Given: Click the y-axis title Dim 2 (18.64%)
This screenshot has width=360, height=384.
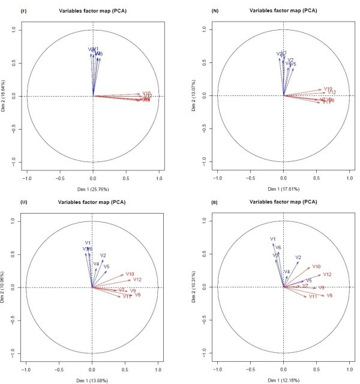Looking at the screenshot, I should click(x=4, y=96).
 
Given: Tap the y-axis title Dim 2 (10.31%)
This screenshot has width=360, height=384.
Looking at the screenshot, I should click(x=196, y=287).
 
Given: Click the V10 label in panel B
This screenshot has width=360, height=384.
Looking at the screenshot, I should click(x=316, y=266).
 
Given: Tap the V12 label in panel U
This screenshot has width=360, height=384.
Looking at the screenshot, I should click(x=136, y=280).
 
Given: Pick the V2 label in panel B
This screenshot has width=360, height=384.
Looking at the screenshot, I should click(x=298, y=257).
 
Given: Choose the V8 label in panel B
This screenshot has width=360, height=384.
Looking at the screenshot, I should click(x=329, y=296).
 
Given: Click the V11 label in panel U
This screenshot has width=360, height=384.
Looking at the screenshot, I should click(x=127, y=297).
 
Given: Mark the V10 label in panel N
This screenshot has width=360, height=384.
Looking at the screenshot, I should click(x=328, y=89).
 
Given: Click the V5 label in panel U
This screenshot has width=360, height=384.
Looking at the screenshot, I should click(x=106, y=266).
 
